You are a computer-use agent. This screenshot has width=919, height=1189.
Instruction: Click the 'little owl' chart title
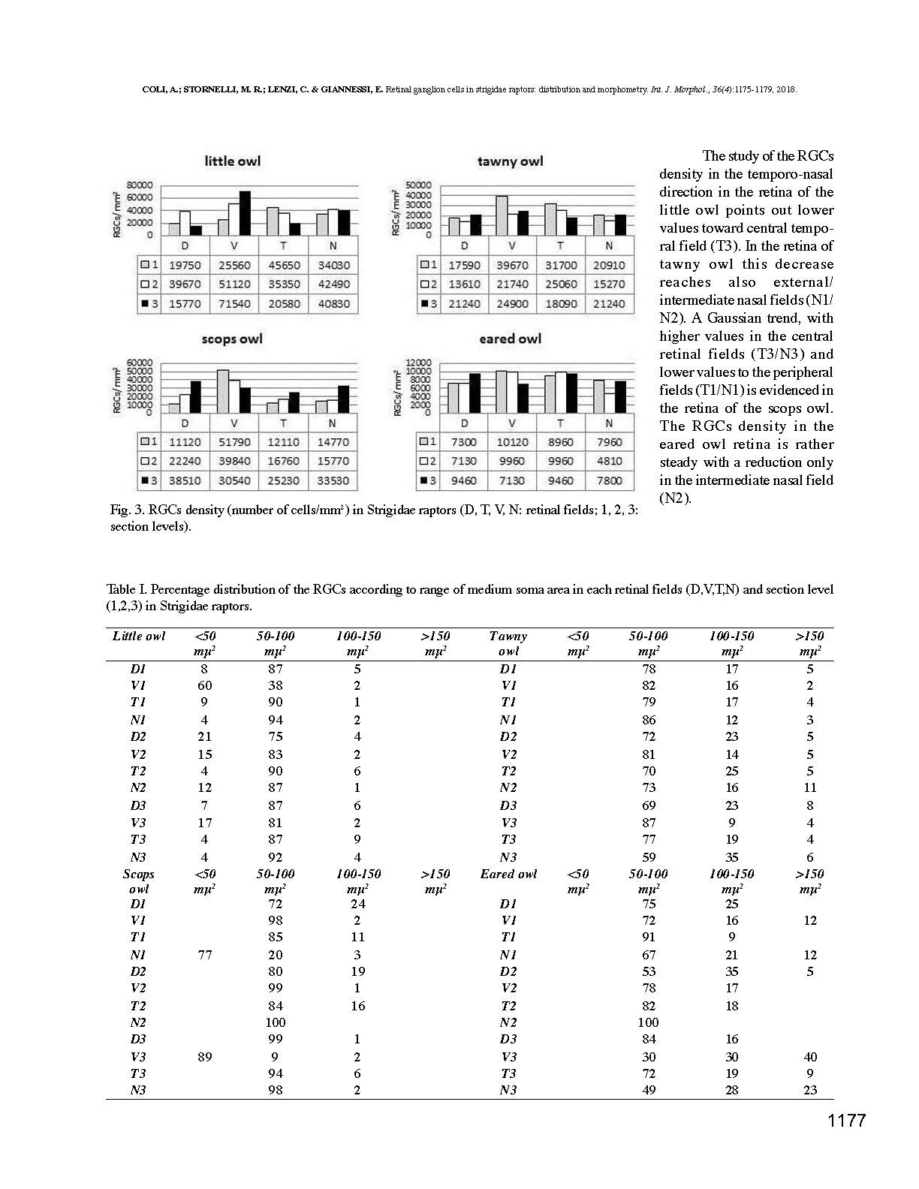(x=232, y=161)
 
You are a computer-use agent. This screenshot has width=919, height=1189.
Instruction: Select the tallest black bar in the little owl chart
(x=245, y=213)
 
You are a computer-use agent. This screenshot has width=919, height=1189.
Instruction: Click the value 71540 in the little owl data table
(x=234, y=304)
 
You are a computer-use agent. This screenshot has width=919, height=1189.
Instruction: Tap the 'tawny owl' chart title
(x=510, y=161)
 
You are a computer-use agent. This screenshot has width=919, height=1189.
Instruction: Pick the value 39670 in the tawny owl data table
(x=512, y=265)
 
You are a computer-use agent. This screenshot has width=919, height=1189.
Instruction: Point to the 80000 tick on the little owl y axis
(x=139, y=185)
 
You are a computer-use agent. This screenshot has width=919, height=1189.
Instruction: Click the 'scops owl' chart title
(x=232, y=339)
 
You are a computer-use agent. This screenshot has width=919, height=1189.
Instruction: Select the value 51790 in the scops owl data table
(x=234, y=442)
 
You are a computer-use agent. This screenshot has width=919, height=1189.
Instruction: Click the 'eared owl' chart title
(x=510, y=339)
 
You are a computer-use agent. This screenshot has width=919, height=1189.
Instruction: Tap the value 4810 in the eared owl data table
(x=609, y=461)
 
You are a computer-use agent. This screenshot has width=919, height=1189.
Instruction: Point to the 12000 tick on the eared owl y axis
(x=418, y=363)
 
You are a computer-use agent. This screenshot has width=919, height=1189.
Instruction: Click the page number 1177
(x=846, y=1121)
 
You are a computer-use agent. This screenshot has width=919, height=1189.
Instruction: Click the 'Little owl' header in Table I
(x=139, y=637)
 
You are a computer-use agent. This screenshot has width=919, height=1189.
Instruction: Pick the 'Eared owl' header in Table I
(x=508, y=874)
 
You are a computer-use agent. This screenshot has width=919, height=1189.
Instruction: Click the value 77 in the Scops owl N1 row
(x=204, y=955)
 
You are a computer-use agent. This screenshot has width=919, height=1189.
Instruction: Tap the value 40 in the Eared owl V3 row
(x=809, y=1057)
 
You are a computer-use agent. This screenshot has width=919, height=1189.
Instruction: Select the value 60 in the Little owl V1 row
(x=204, y=685)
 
